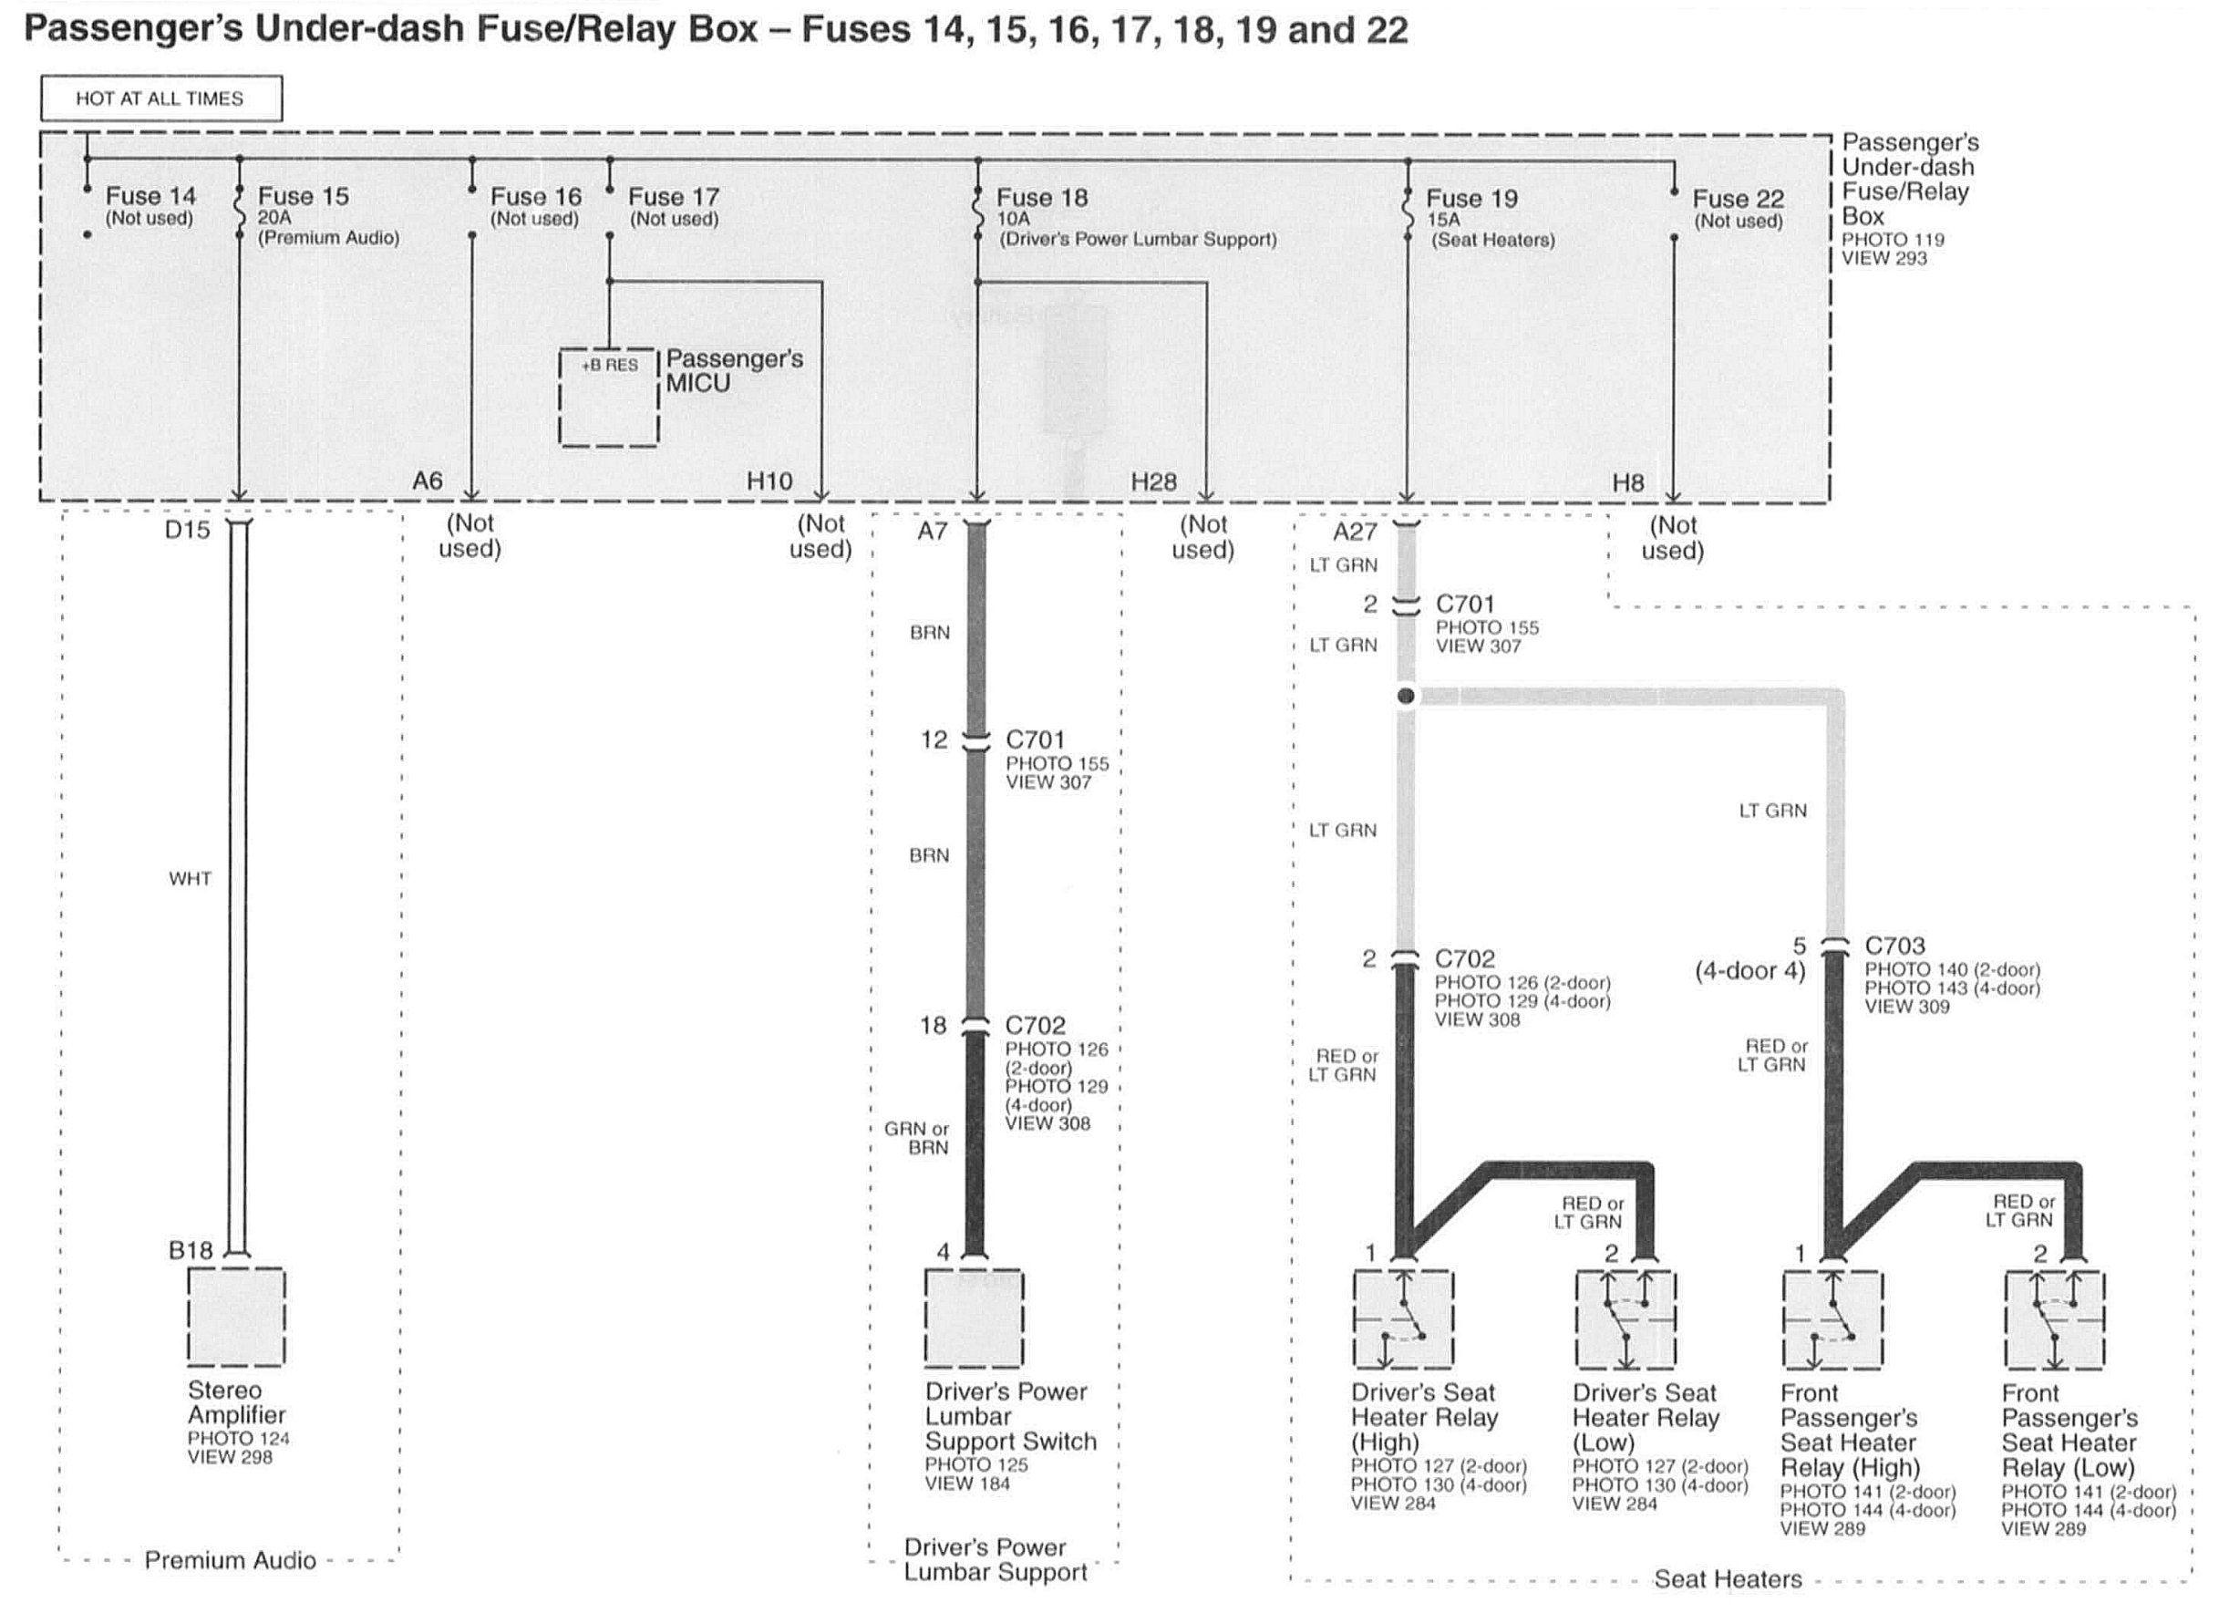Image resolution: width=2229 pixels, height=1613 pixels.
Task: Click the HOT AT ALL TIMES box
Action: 161,98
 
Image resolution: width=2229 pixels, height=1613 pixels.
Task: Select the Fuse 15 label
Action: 303,197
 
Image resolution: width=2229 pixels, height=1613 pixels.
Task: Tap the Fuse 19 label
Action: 1471,199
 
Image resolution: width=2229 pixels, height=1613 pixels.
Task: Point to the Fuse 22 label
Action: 1738,200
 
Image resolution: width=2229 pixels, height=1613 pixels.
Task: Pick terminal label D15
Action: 187,531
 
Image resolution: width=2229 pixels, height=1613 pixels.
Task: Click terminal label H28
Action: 1153,481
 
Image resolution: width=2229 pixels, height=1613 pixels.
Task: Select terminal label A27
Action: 1355,532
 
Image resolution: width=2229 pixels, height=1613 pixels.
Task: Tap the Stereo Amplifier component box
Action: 236,1316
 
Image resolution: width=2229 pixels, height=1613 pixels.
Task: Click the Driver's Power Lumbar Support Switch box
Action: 973,1318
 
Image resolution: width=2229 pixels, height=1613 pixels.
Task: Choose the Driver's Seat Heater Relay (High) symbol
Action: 1402,1319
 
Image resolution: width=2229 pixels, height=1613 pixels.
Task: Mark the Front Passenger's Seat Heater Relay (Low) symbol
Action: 2054,1319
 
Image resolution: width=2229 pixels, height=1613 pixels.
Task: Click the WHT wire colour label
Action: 190,879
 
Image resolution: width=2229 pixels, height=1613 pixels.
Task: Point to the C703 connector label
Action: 1894,946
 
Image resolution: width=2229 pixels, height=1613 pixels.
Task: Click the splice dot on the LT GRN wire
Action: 1407,696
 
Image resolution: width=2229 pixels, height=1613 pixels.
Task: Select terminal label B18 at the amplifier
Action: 190,1250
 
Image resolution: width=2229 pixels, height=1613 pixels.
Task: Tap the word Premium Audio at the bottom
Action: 230,1560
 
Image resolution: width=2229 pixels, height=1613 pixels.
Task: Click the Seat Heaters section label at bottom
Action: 1728,1578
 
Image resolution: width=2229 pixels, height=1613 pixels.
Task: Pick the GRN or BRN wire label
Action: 916,1138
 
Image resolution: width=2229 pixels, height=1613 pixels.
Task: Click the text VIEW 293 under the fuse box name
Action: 1884,259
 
